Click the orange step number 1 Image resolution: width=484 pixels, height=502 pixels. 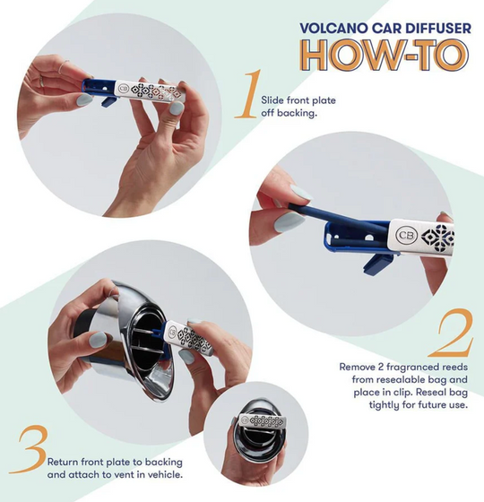click(x=245, y=101)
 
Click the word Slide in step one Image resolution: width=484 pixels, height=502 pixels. click(x=272, y=100)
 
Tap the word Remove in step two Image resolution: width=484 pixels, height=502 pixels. click(x=357, y=367)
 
